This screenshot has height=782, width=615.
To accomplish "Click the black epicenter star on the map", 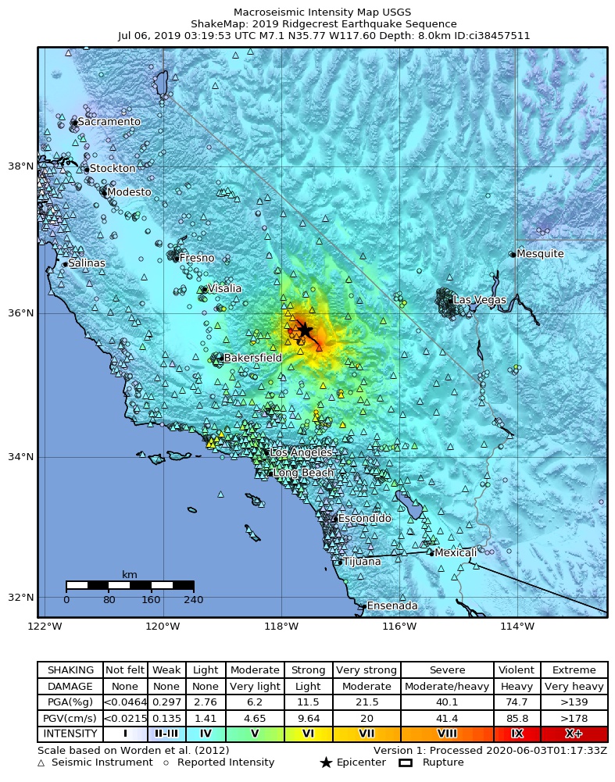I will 303,330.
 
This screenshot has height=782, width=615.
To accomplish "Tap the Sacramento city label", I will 109,122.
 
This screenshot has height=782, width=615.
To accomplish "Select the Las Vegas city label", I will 480,300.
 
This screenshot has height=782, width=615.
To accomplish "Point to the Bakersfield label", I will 253,358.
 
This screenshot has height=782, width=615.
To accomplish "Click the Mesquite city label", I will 540,254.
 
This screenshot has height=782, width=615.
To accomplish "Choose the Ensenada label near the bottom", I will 392,605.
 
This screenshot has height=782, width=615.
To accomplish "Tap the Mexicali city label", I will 456,552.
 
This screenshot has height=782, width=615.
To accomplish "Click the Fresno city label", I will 196,258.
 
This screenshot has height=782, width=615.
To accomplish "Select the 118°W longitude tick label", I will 281,626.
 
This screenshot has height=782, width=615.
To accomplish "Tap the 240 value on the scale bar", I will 193,600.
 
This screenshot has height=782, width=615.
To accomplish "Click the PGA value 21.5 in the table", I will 367,702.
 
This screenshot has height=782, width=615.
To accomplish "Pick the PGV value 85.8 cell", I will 517,718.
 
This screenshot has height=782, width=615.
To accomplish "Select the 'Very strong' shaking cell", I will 367,670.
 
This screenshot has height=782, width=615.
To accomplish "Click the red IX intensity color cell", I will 517,734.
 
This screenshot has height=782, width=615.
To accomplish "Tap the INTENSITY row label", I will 70,734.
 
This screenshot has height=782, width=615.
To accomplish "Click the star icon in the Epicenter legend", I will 326,762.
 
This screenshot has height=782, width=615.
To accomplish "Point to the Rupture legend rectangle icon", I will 406,762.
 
